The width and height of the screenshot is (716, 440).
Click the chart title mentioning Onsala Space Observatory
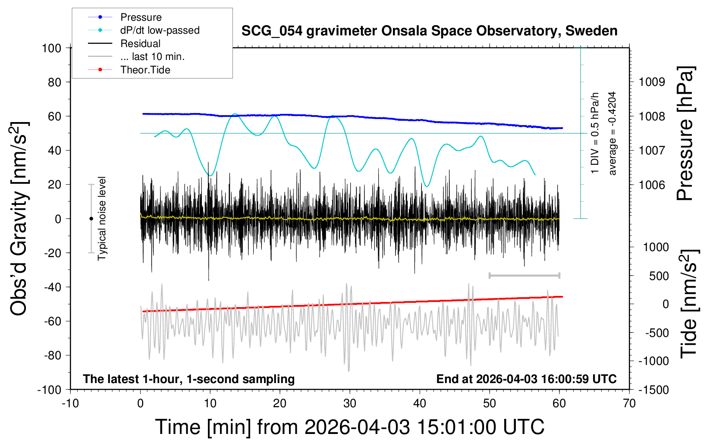tap(429, 31)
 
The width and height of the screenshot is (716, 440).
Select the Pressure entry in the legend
tap(141, 17)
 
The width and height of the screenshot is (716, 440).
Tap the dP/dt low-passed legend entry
tap(160, 30)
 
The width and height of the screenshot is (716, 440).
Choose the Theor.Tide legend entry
tap(145, 70)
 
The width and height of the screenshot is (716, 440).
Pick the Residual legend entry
tap(140, 44)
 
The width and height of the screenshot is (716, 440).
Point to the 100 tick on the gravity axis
tap(52, 48)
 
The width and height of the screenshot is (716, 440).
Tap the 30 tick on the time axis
tap(350, 404)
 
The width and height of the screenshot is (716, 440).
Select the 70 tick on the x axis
tap(629, 404)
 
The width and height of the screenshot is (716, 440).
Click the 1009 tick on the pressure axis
tap(652, 82)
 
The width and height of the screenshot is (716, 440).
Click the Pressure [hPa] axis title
tap(685, 133)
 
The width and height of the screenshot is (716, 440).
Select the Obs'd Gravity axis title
tap(19, 219)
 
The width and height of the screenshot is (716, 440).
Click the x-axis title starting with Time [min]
tap(350, 427)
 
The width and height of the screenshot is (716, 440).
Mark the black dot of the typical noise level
tap(91, 219)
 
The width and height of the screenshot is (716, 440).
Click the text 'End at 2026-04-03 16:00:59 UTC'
tap(526, 379)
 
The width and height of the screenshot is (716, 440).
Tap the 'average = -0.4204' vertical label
tap(612, 133)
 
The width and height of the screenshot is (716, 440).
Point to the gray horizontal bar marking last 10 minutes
tap(524, 275)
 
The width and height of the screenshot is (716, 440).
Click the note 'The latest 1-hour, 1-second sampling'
tap(189, 379)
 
